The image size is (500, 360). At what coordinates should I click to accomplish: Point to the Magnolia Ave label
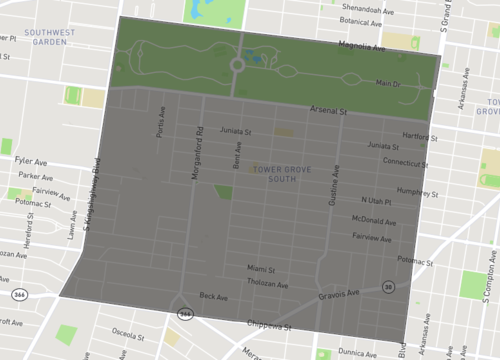pos(361,45)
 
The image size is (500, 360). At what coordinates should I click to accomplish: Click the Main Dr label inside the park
pos(387,83)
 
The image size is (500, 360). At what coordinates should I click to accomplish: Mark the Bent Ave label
pos(237,153)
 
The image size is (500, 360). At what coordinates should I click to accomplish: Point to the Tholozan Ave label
pos(266,281)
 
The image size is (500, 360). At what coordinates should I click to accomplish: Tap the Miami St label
pos(261,267)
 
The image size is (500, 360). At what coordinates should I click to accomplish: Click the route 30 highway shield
pos(386,286)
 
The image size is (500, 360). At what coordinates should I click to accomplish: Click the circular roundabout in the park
pos(238,66)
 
